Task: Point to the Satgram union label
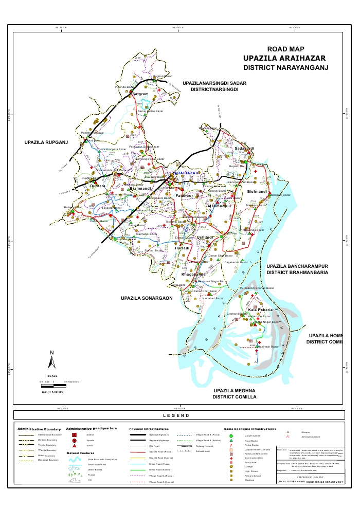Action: pyautogui.click(x=140, y=95)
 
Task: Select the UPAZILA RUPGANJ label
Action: pyautogui.click(x=46, y=142)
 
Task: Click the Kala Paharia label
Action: pyautogui.click(x=260, y=311)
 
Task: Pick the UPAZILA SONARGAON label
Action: pyautogui.click(x=147, y=298)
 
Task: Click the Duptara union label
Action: pyautogui.click(x=98, y=186)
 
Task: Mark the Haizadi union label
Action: pyautogui.click(x=183, y=248)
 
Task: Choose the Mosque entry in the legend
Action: pyautogui.click(x=305, y=431)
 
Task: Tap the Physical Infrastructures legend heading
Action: pyautogui.click(x=149, y=428)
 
